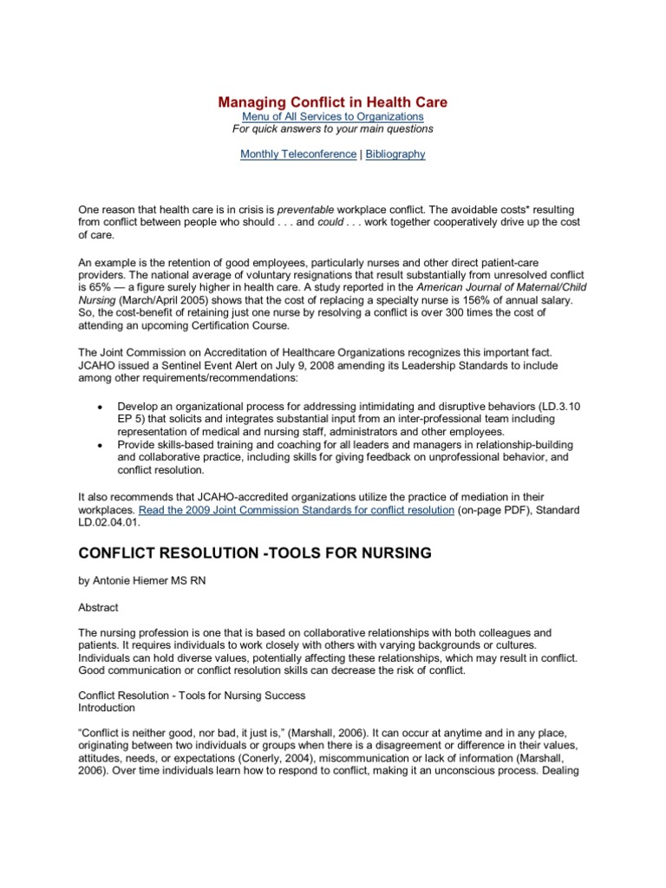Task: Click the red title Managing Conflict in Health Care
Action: [332, 102]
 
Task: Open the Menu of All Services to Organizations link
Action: [332, 116]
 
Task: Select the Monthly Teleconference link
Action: [285, 153]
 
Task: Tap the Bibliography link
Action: [395, 153]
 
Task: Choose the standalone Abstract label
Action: [100, 608]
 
